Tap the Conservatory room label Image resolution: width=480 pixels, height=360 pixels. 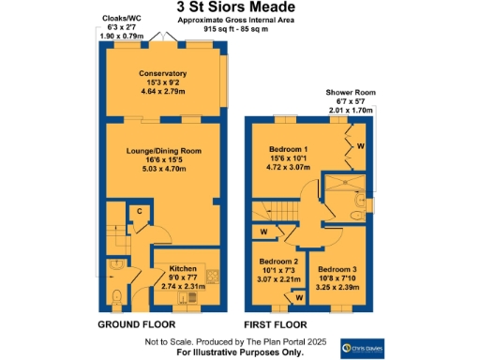pos(163,73)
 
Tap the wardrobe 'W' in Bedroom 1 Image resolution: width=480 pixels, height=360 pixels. pos(361,146)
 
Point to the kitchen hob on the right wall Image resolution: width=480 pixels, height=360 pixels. pos(214,276)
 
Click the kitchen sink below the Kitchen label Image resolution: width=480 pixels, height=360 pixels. pos(194,298)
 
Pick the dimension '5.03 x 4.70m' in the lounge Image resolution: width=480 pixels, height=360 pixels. pos(163,171)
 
